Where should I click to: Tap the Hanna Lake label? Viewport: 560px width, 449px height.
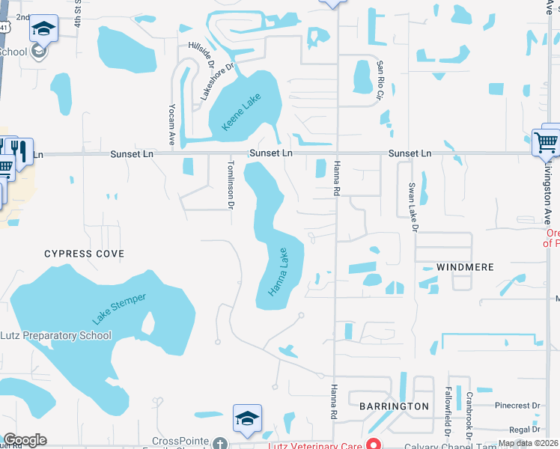(278, 271)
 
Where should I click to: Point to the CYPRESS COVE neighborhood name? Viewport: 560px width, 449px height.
(84, 254)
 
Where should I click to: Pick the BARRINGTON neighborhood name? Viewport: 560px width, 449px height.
(394, 406)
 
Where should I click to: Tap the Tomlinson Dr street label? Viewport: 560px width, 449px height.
(231, 183)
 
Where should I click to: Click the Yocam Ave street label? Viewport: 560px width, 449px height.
(172, 123)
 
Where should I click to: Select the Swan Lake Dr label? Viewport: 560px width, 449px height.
(412, 207)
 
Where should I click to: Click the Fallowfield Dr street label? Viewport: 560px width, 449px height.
(447, 412)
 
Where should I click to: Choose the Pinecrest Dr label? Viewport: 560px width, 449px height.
(517, 406)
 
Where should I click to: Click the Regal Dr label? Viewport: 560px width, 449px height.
(524, 430)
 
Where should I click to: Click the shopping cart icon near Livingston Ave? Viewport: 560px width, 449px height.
(545, 141)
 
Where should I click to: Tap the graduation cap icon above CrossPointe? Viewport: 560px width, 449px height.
(246, 419)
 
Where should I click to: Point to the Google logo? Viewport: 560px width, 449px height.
(25, 440)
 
